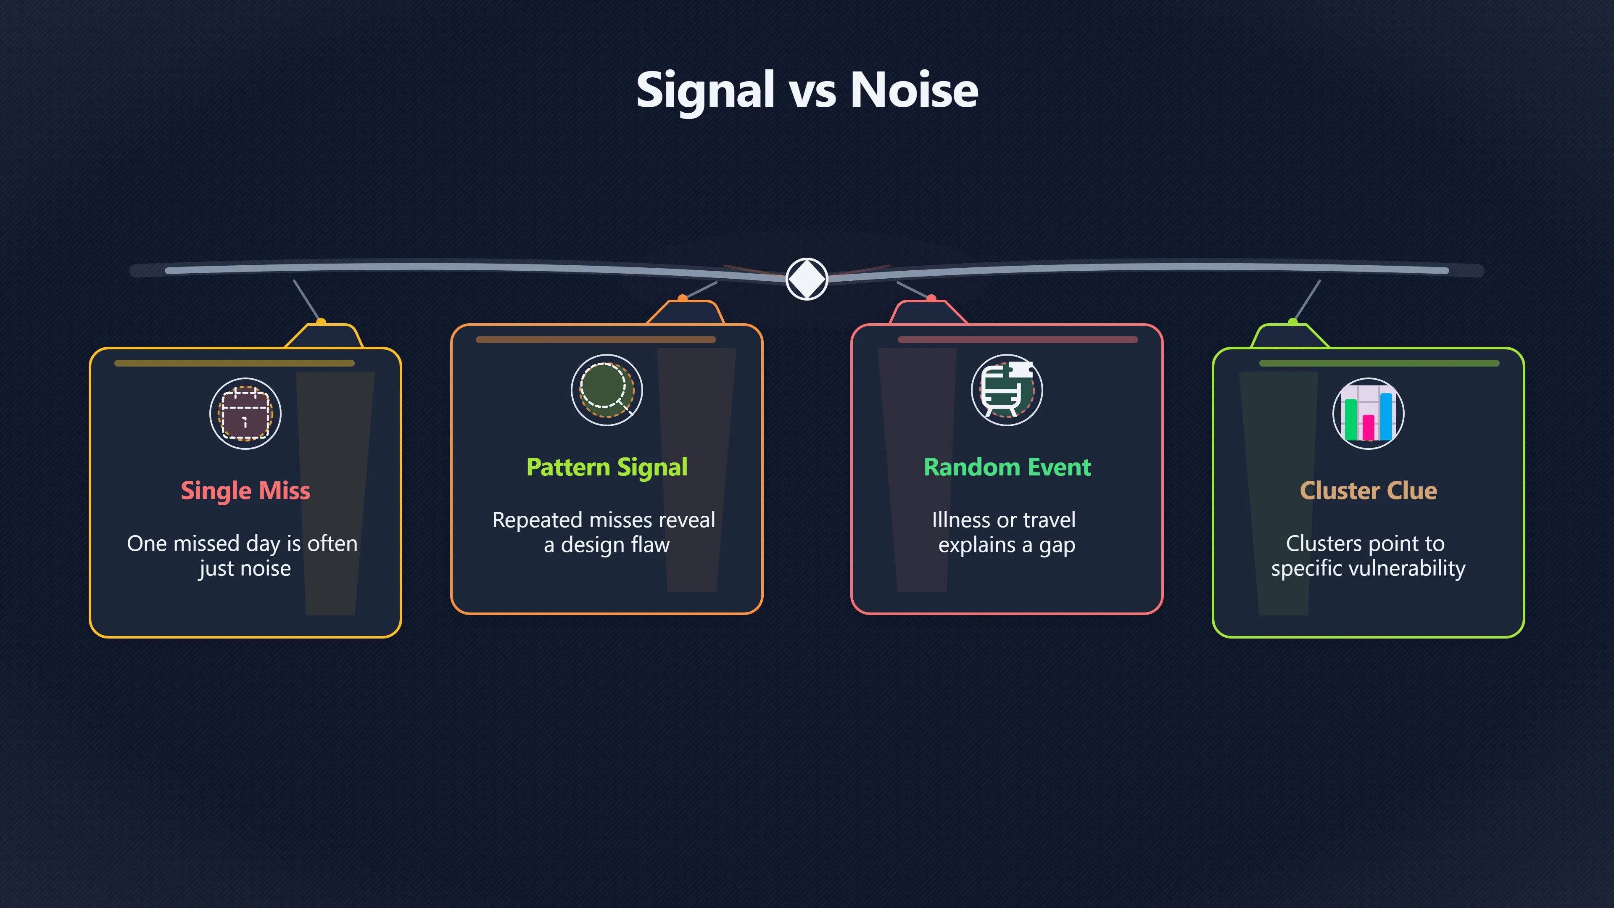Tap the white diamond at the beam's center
(x=807, y=279)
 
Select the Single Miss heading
(x=245, y=491)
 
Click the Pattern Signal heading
(x=607, y=467)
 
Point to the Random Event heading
(x=1007, y=467)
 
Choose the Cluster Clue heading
(x=1369, y=491)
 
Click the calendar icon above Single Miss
(x=245, y=414)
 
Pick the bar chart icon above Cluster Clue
(x=1369, y=414)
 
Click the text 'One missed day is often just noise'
(x=243, y=556)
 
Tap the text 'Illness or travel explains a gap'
(x=1005, y=532)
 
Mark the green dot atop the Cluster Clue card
(x=1292, y=322)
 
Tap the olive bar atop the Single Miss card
(x=235, y=363)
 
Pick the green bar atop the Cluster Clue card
(x=1379, y=363)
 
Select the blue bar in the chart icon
(x=1387, y=417)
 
